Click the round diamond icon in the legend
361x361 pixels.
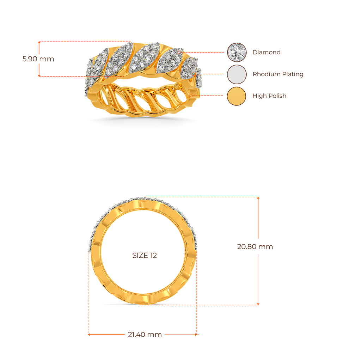pyautogui.click(x=237, y=52)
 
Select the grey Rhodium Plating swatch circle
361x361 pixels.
pyautogui.click(x=237, y=74)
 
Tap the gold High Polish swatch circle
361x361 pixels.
pyautogui.click(x=237, y=96)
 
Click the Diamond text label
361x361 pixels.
pyautogui.click(x=267, y=53)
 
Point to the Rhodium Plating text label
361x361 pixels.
pyautogui.click(x=278, y=74)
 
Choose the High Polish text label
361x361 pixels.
pyautogui.click(x=269, y=96)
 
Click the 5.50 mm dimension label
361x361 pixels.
pyautogui.click(x=38, y=59)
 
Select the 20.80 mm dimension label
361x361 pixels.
pyautogui.click(x=255, y=247)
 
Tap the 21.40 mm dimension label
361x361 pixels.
pyautogui.click(x=145, y=335)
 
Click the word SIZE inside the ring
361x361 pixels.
pyautogui.click(x=140, y=256)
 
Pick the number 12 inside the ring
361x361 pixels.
pyautogui.click(x=153, y=256)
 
